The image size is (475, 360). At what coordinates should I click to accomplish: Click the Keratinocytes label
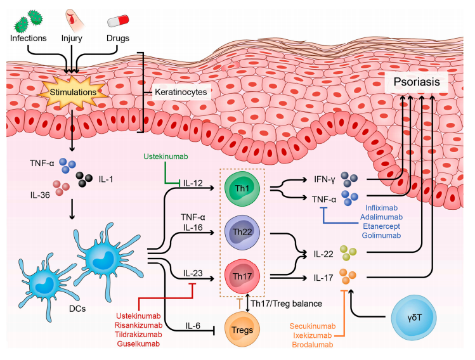coord(183,93)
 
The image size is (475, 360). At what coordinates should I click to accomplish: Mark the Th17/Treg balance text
coord(299,304)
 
